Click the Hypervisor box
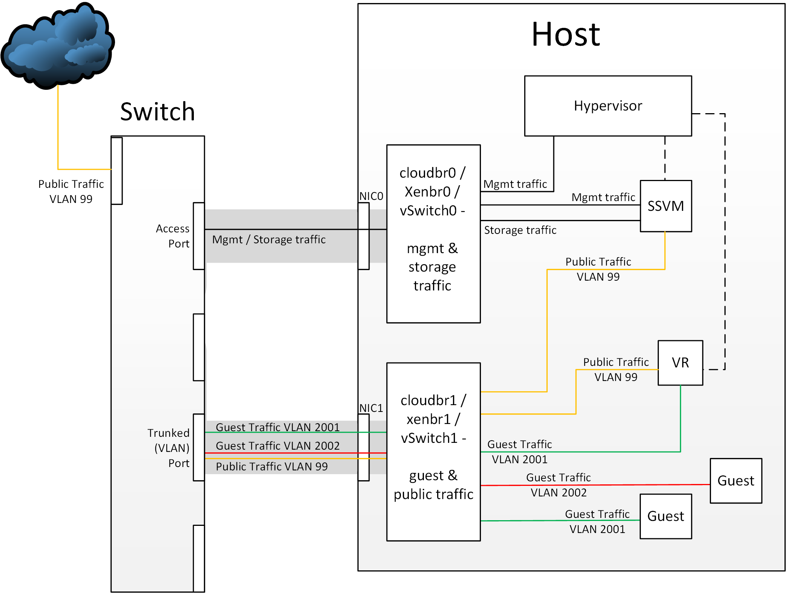coord(608,106)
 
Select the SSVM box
coord(666,206)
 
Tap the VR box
coord(680,363)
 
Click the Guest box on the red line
coord(735,481)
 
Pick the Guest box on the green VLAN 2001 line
coord(666,516)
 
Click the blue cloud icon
coord(57,45)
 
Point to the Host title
coord(566,34)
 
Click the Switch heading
coord(158,112)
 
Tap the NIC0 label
coord(371,196)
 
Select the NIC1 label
coord(371,408)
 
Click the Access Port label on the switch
coord(173,236)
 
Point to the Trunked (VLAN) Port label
coord(168,448)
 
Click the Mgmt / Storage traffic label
coord(269,240)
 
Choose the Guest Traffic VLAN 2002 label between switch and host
coord(278,446)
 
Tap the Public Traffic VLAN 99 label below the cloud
coord(71,191)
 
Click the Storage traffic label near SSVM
coord(520,230)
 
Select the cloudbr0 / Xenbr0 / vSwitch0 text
coord(433,192)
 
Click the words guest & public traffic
coord(433,485)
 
